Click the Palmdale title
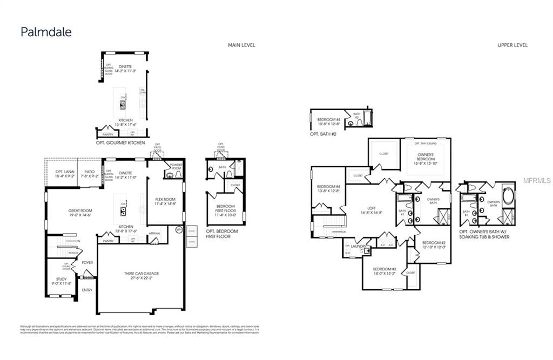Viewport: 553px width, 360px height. click(x=46, y=32)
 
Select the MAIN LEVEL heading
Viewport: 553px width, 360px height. click(x=241, y=45)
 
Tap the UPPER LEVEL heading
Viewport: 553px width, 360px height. click(x=512, y=45)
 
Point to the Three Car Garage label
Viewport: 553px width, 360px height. click(x=141, y=276)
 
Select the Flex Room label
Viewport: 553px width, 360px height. click(x=165, y=202)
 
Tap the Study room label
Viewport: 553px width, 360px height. click(x=61, y=281)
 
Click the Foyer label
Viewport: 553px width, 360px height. click(x=87, y=263)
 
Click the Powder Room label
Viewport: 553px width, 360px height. click(x=177, y=167)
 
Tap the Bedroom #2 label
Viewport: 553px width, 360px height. click(x=434, y=244)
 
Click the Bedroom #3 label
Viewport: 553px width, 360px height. click(x=385, y=271)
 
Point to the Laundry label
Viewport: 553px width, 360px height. click(x=359, y=246)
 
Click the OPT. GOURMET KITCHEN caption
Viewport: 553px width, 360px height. click(x=120, y=142)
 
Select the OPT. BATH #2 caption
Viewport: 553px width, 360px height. click(x=323, y=133)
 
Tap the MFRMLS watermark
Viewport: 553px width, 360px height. click(x=537, y=181)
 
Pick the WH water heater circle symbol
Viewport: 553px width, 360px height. click(x=179, y=230)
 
